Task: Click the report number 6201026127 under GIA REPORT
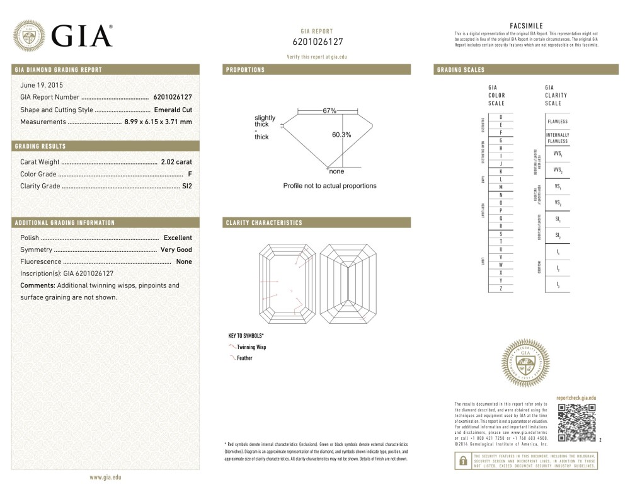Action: click(x=318, y=42)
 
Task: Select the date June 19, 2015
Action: click(x=42, y=84)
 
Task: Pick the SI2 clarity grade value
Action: click(x=186, y=186)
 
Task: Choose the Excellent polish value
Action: click(x=178, y=238)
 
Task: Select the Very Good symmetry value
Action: click(x=176, y=250)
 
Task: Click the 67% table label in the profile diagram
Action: click(x=329, y=111)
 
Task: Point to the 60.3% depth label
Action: click(x=341, y=135)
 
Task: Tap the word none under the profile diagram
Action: click(x=336, y=171)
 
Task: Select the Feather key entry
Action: click(x=244, y=358)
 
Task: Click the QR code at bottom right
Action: click(x=577, y=423)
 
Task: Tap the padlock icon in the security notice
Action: click(x=462, y=461)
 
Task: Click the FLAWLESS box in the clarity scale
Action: click(x=558, y=122)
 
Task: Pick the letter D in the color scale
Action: click(x=501, y=118)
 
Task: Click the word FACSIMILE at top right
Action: click(x=526, y=26)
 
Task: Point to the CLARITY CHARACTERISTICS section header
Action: click(x=264, y=223)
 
